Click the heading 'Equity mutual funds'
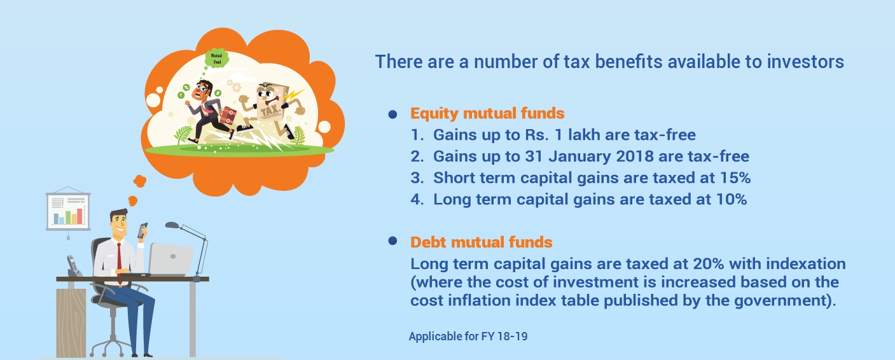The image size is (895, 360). [487, 113]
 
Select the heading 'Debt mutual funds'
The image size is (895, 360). [481, 242]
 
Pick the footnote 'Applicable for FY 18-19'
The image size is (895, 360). [468, 336]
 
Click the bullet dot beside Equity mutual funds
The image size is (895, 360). [392, 114]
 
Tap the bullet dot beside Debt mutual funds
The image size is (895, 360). [392, 240]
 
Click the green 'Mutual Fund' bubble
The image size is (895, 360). [216, 59]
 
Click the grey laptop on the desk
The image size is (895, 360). [171, 260]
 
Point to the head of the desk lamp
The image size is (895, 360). [172, 225]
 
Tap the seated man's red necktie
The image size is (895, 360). [119, 262]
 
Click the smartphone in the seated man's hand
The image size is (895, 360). [142, 230]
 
